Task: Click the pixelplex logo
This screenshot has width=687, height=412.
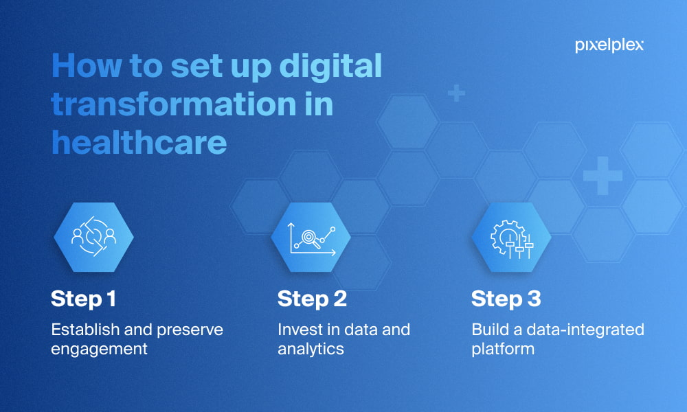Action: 609,45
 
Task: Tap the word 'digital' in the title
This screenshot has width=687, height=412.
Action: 330,67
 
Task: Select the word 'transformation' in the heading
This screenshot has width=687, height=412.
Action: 174,104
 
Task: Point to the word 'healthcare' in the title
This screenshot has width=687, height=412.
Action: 139,142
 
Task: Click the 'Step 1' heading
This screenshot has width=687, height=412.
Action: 83,299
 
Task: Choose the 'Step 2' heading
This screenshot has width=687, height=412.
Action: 312,299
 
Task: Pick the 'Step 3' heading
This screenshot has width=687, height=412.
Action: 506,299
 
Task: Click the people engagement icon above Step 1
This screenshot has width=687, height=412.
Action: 93,236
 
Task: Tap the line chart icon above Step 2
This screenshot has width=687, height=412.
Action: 311,239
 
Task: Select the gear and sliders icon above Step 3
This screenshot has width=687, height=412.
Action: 512,239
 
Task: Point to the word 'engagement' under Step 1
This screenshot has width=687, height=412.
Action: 99,350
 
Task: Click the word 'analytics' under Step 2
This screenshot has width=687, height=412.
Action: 311,349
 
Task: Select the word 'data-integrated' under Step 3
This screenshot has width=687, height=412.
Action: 585,330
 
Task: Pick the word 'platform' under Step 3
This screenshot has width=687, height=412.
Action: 503,350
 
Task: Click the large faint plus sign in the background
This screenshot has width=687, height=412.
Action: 603,176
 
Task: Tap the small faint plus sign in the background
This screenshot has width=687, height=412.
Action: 457,93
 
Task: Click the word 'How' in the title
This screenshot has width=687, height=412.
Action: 87,66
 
